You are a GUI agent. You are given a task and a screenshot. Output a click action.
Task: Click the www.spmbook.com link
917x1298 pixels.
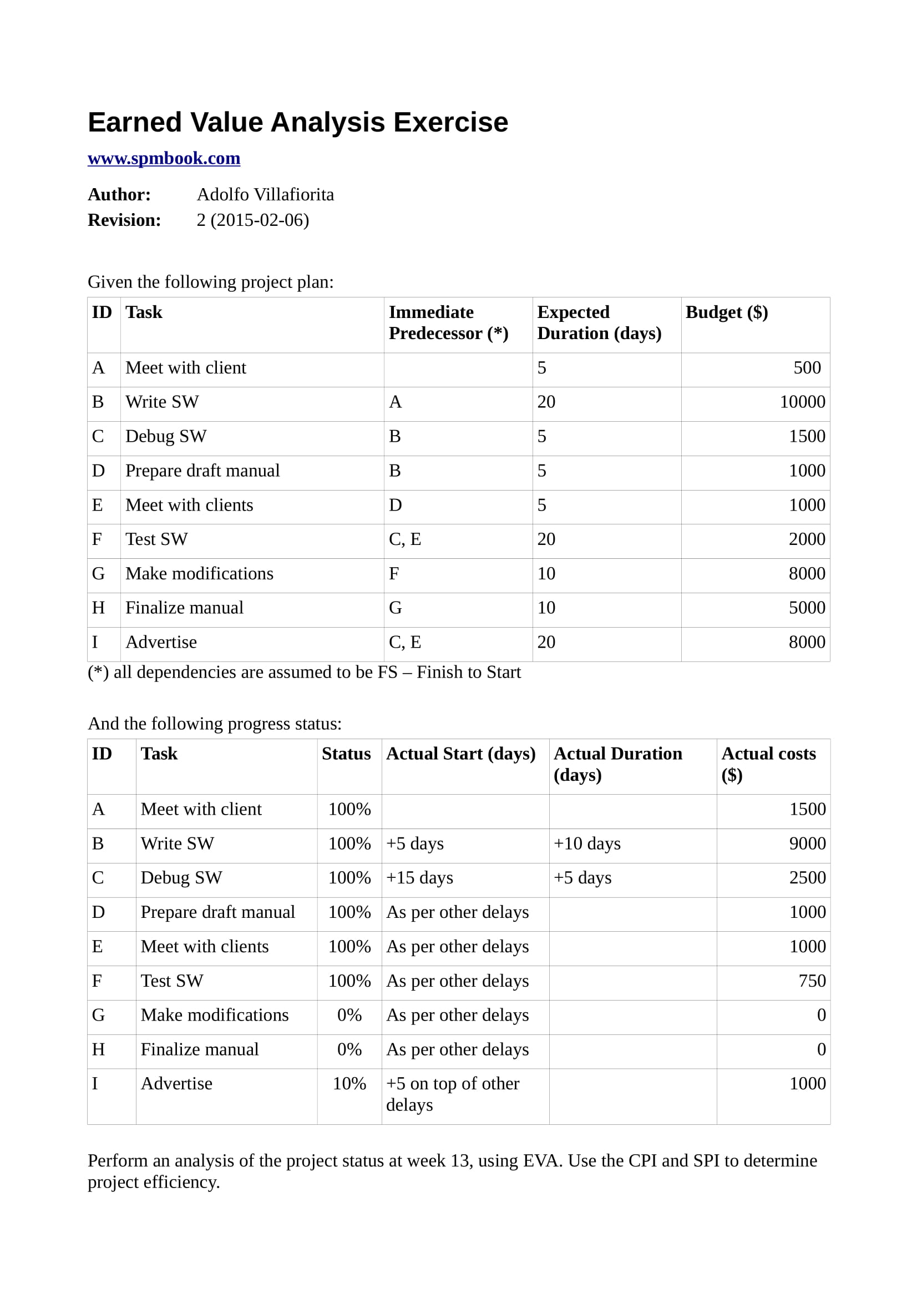[x=164, y=158]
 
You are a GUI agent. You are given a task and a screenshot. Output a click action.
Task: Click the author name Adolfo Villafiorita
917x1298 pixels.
[x=265, y=194]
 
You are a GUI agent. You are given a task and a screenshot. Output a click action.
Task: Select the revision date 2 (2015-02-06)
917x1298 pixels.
[x=252, y=220]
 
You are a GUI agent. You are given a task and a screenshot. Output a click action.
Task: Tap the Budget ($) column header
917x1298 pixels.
[x=727, y=312]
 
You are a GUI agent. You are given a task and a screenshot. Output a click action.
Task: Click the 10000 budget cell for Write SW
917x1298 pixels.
[x=802, y=402]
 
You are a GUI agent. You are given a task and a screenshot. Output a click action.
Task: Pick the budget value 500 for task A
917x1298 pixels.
[x=807, y=368]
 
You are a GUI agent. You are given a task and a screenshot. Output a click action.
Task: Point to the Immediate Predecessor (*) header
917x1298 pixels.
[x=448, y=323]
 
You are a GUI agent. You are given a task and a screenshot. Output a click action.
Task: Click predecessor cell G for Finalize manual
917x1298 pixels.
[x=396, y=608]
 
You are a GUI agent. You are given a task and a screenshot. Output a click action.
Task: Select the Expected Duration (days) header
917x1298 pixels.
[x=599, y=323]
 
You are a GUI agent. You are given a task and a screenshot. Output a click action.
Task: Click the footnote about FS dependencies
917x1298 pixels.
[x=304, y=672]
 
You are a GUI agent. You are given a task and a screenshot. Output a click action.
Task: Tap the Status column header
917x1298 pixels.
[x=346, y=754]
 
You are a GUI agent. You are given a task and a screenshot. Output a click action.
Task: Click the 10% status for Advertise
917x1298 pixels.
[x=349, y=1083]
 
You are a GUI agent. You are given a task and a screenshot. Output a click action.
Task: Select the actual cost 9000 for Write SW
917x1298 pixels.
[x=807, y=844]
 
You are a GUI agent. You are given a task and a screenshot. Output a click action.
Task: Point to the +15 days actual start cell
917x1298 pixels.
[x=419, y=877]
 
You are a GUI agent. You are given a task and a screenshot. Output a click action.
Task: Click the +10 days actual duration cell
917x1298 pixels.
[x=587, y=844]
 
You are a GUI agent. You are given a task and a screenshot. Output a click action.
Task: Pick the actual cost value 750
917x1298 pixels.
[x=812, y=981]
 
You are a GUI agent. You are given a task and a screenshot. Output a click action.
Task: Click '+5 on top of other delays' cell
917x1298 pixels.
[x=452, y=1094]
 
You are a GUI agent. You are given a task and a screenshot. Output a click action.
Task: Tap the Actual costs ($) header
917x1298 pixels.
[x=768, y=764]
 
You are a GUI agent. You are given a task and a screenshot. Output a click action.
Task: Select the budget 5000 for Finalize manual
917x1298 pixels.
[x=807, y=608]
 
